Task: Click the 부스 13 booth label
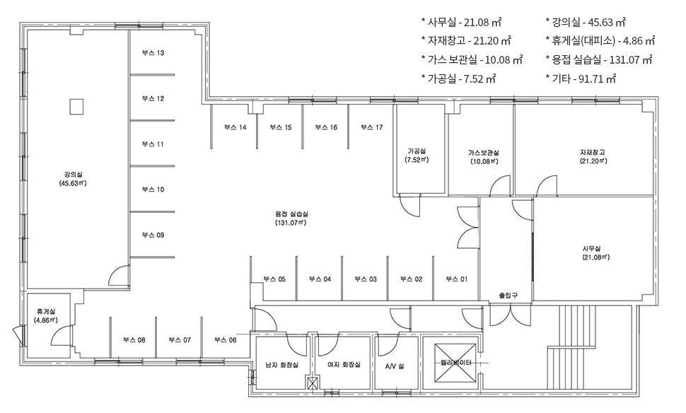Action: tap(153, 53)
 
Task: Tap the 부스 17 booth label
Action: tap(371, 127)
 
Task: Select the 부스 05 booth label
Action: tap(274, 279)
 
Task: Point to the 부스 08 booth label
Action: tap(134, 340)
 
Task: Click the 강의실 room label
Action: tap(73, 175)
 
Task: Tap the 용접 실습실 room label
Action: tap(291, 214)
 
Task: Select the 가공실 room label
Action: tap(417, 151)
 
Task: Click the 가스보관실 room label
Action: tap(484, 153)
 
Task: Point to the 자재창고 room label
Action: tap(593, 153)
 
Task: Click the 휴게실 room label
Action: tap(45, 312)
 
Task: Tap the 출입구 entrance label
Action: tap(508, 296)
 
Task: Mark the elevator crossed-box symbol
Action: tap(455, 363)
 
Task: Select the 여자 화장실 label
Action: tap(344, 364)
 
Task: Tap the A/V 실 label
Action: tap(395, 366)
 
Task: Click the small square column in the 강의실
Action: tap(76, 107)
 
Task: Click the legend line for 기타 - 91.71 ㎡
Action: tap(581, 78)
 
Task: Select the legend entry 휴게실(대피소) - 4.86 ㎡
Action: tap(600, 41)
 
